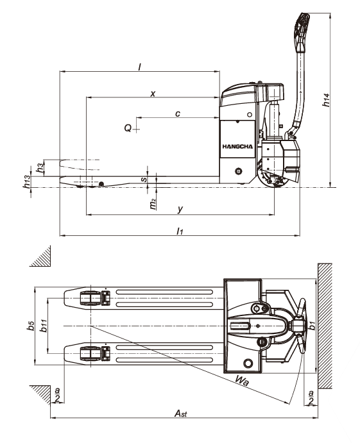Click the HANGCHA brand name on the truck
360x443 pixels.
[237, 147]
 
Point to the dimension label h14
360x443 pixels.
[326, 100]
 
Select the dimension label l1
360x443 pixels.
[180, 231]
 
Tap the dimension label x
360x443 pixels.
[153, 94]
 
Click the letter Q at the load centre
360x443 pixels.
[128, 128]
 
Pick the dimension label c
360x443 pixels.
[178, 114]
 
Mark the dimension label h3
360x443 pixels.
[40, 167]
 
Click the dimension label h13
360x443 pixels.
[26, 181]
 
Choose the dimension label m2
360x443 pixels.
[153, 204]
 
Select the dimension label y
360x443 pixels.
[180, 210]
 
